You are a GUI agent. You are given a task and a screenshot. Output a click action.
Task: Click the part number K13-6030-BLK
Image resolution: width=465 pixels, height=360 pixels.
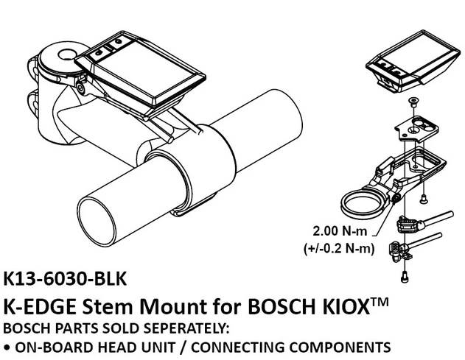tap(66, 280)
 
